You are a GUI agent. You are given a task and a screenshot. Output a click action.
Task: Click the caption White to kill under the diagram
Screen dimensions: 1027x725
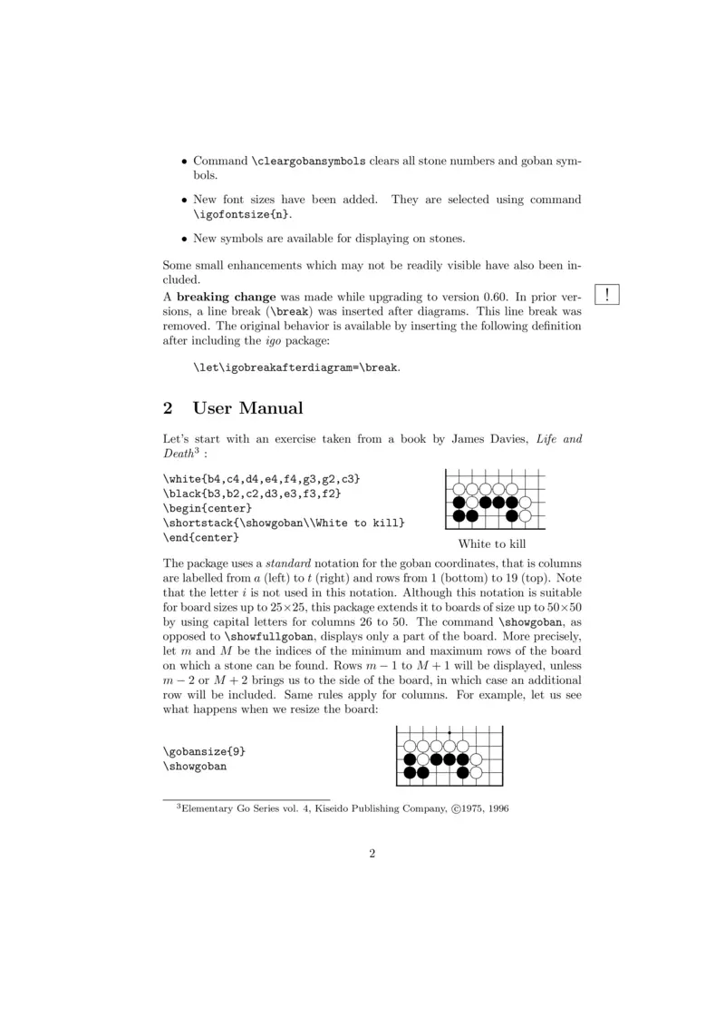[x=492, y=544]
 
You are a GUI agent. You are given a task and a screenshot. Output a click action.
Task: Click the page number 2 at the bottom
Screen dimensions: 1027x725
[x=372, y=854]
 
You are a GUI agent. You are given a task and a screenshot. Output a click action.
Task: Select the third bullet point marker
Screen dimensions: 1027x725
[x=183, y=240]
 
